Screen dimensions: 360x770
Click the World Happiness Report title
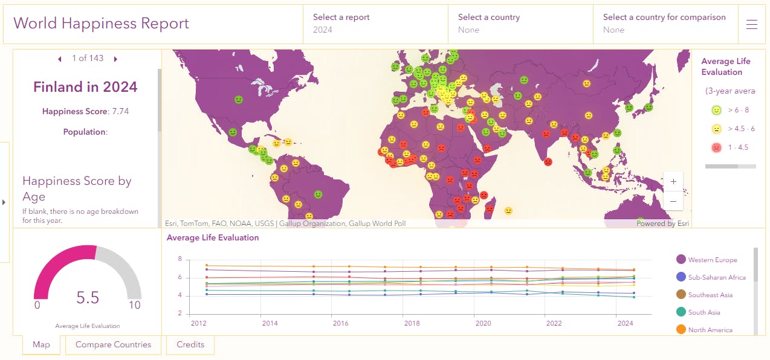pos(101,24)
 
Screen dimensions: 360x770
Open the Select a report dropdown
pos(375,24)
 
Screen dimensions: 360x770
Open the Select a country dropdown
pos(520,24)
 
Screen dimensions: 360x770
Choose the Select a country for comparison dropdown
pos(665,24)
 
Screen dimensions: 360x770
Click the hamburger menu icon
pos(752,24)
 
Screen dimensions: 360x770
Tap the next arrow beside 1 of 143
pos(115,59)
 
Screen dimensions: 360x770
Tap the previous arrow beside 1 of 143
pos(60,59)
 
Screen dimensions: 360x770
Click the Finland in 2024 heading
pos(85,87)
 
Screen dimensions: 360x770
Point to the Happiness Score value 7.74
pos(120,111)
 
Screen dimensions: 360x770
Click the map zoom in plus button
pos(673,181)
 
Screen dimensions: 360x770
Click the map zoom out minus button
pos(673,201)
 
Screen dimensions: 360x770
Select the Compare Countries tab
pos(113,345)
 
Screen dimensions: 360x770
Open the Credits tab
pos(190,345)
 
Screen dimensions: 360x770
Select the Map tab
pos(41,345)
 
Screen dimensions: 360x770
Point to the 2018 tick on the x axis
pos(412,323)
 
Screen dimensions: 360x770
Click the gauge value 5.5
pos(88,298)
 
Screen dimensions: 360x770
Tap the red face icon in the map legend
pos(716,147)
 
